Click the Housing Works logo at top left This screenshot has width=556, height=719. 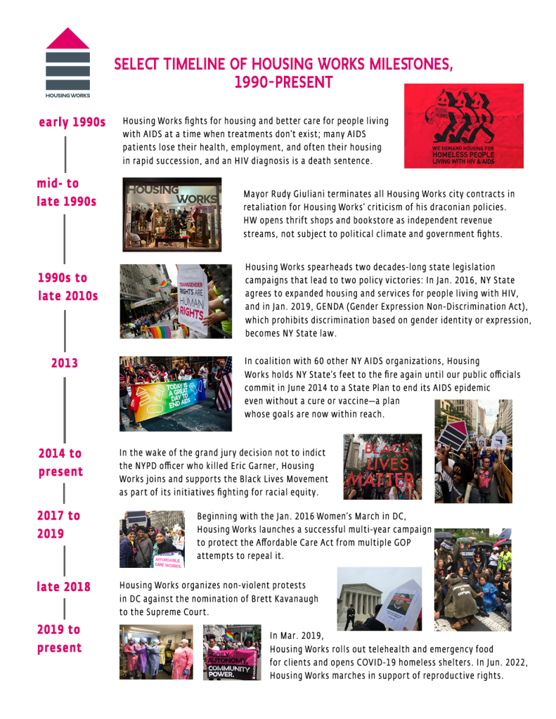tap(67, 62)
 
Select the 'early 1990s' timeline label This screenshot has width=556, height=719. tap(72, 123)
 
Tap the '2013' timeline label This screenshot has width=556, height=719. tap(64, 363)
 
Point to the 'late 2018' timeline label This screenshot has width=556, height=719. tap(64, 587)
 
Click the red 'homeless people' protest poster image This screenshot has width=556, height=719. tap(463, 126)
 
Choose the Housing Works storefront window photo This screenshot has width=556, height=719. tap(172, 214)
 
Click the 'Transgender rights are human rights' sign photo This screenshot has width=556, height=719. tap(176, 301)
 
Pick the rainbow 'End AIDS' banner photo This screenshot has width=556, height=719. tap(175, 393)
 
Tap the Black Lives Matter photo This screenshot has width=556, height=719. tap(382, 466)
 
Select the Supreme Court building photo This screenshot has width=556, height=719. tap(380, 599)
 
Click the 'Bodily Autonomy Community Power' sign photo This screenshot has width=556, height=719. tap(232, 652)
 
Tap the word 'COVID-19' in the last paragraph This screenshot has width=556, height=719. tap(399, 662)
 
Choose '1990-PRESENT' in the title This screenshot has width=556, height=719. tap(283, 83)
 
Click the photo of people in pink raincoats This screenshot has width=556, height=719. tap(156, 652)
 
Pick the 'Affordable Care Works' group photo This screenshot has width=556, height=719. tap(152, 539)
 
